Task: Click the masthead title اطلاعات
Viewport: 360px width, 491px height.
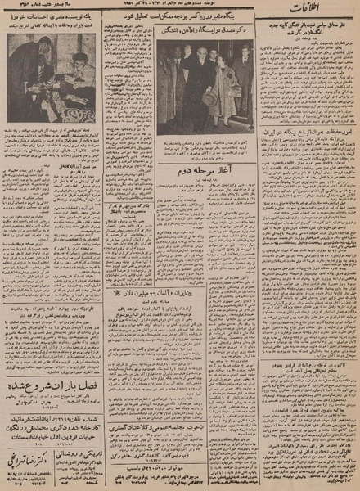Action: point(327,12)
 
